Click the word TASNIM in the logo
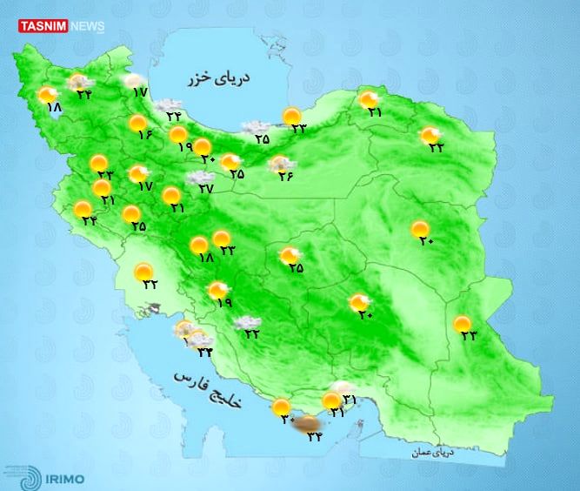(41, 26)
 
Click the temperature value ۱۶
(143, 135)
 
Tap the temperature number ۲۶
(285, 176)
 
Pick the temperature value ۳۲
(149, 283)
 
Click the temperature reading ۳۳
(298, 128)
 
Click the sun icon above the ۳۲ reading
(143, 272)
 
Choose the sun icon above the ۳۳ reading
(293, 115)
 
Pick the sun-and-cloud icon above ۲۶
(280, 163)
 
